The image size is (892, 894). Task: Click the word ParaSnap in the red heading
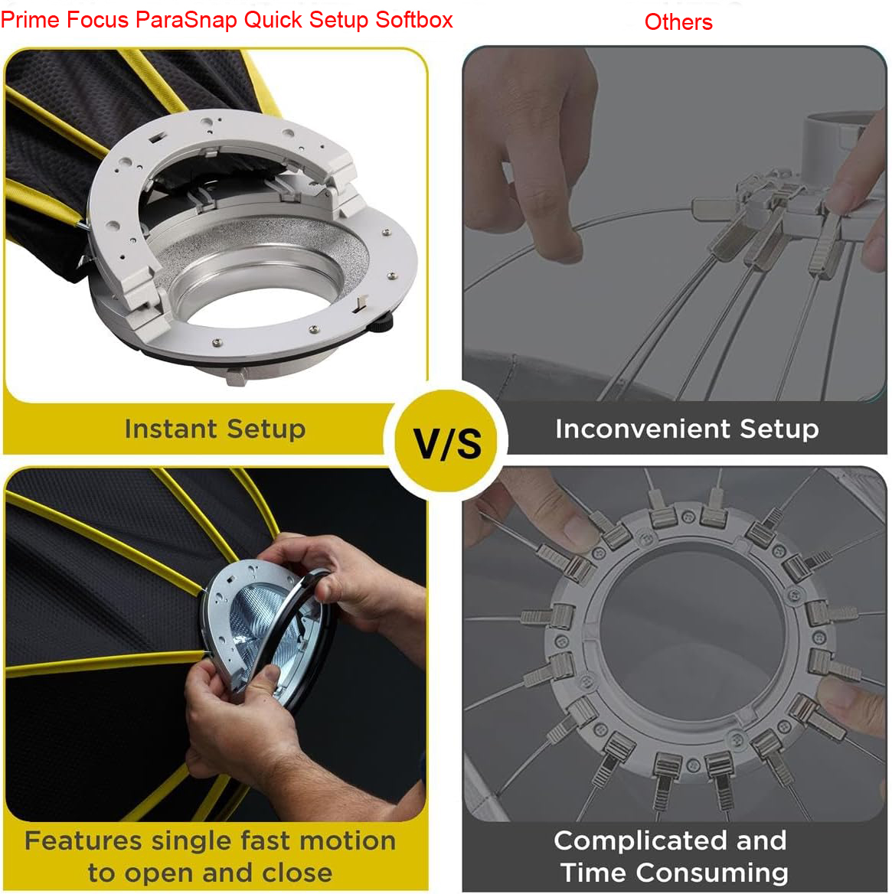tap(186, 21)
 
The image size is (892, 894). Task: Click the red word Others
tap(678, 22)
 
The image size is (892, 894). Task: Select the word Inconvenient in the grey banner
tap(642, 428)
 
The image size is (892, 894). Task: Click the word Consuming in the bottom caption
tap(712, 873)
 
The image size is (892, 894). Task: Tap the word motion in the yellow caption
tap(348, 840)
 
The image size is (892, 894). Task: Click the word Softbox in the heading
tap(414, 20)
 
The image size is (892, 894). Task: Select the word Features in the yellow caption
tap(83, 840)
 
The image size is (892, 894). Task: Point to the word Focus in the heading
tap(97, 20)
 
